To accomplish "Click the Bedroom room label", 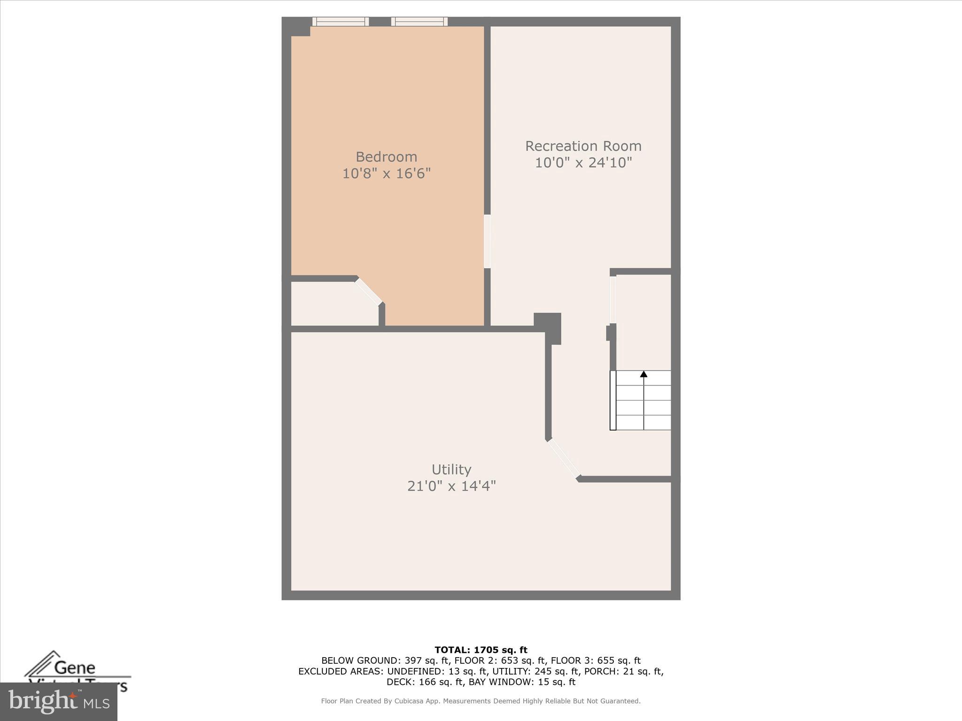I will pyautogui.click(x=386, y=157).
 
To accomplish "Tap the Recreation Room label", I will pyautogui.click(x=583, y=146).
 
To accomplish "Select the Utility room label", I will pyautogui.click(x=451, y=469).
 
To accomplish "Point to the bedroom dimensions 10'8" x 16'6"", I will pyautogui.click(x=386, y=174).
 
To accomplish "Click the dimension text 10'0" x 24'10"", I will pyautogui.click(x=583, y=162).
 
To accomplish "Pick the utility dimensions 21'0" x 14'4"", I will pyautogui.click(x=451, y=486).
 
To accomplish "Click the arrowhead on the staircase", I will pyautogui.click(x=644, y=374).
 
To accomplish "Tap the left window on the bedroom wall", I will pyautogui.click(x=341, y=22).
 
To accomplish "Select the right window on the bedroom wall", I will pyautogui.click(x=419, y=22).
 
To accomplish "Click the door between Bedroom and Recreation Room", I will pyautogui.click(x=487, y=241).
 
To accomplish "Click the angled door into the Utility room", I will pyautogui.click(x=564, y=459).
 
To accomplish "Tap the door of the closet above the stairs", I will pyautogui.click(x=613, y=299).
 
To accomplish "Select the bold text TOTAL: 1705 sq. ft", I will pyautogui.click(x=481, y=650).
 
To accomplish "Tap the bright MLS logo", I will pyautogui.click(x=59, y=702).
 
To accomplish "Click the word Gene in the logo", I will pyautogui.click(x=75, y=667).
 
